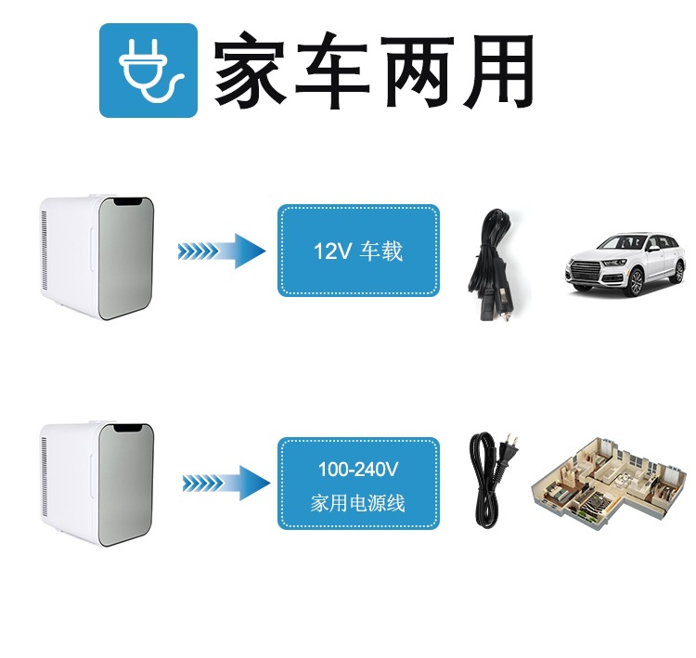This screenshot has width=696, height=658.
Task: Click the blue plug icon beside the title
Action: click(x=148, y=71)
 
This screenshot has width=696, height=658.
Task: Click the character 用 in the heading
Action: click(x=496, y=71)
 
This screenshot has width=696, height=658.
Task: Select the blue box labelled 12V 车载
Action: click(x=358, y=251)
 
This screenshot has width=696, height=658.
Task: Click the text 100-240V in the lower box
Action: click(x=358, y=471)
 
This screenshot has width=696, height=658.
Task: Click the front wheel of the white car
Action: click(x=636, y=283)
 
